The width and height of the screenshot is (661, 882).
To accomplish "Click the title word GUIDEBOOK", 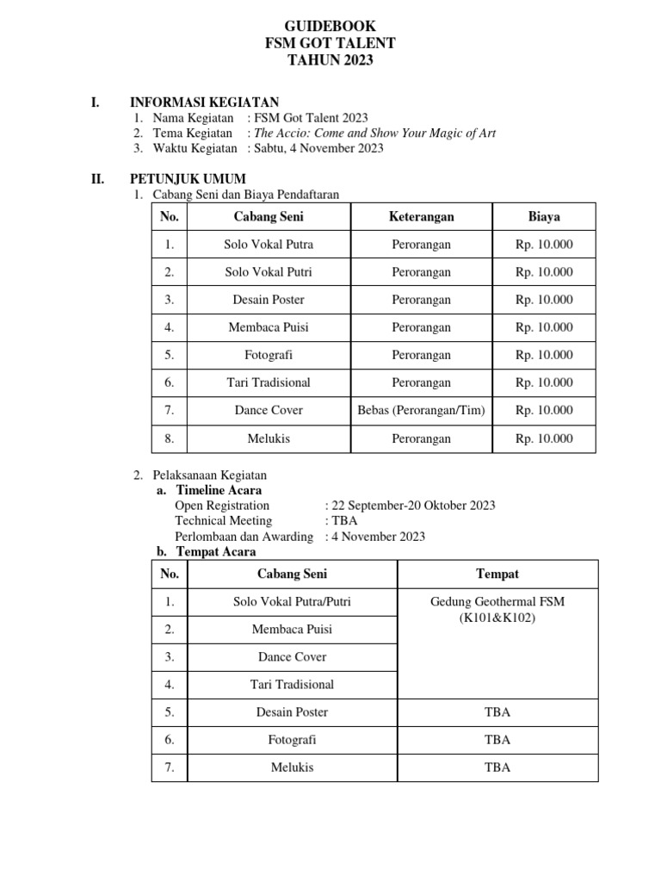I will pos(330,27).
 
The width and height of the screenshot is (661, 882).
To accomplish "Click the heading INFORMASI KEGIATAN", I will pos(203,102).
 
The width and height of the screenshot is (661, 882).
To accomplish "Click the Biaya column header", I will pos(544,217).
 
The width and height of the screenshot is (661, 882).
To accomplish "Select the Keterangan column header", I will pos(421,217).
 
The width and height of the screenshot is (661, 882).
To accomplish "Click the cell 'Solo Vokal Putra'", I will pos(269,245).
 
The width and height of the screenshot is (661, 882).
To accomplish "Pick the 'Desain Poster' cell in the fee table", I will pos(269,300).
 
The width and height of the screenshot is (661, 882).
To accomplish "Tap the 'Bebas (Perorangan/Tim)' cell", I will pos(421,410).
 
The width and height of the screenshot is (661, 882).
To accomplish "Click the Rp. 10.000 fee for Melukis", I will pos(544,438).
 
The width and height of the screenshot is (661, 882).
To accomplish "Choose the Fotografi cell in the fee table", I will pos(269,355).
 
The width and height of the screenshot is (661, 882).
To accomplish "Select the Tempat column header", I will pos(497,574).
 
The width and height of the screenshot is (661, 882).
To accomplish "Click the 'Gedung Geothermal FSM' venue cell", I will pos(497,601).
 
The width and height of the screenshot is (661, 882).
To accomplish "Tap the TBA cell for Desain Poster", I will pos(497,712).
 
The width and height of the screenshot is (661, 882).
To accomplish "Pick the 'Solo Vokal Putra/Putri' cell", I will pos(292,601).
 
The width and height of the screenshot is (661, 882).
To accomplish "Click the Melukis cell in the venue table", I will pos(292,767).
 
